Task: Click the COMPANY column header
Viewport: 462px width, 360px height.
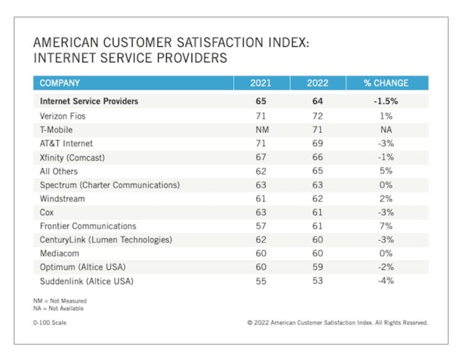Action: [x=60, y=83]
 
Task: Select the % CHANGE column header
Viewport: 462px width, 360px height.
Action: [x=386, y=83]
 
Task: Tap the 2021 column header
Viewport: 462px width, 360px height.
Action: [x=260, y=83]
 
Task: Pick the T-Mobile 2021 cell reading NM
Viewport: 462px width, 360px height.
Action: [x=260, y=129]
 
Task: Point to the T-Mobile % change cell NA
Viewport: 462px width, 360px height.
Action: [x=386, y=129]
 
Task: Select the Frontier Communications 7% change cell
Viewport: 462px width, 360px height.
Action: [x=386, y=226]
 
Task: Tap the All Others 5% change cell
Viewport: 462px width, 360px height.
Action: [x=386, y=171]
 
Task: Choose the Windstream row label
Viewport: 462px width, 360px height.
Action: [x=63, y=199]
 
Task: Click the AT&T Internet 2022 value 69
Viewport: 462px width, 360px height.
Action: [x=317, y=143]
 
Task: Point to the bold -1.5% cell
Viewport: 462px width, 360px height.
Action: [x=386, y=101]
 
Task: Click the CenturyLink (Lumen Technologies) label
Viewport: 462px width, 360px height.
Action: [x=106, y=240]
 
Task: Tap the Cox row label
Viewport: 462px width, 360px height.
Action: [x=48, y=213]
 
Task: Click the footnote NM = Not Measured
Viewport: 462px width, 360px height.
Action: [x=60, y=300]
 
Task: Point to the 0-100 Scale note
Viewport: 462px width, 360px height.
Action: [x=50, y=323]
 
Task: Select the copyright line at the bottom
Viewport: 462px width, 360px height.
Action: [x=337, y=323]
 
